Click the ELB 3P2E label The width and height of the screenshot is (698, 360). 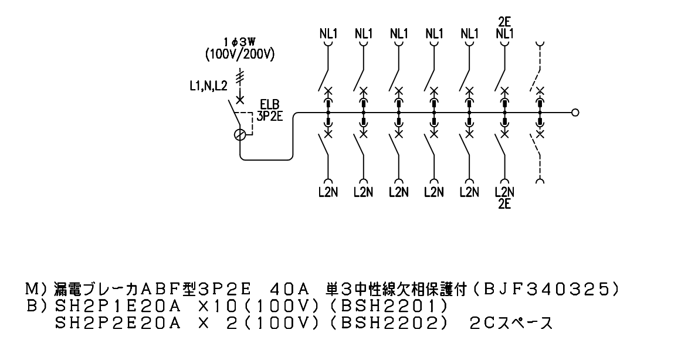click(270, 111)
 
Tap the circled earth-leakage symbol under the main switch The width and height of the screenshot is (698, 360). click(240, 134)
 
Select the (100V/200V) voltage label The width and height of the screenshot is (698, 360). click(240, 55)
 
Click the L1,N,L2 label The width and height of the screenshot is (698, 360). click(208, 87)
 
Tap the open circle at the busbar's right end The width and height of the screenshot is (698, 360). click(575, 113)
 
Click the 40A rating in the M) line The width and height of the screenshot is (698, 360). click(289, 290)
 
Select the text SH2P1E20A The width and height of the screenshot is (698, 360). click(117, 307)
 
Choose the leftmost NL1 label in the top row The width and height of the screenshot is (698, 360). click(328, 33)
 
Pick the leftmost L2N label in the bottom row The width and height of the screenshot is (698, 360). click(328, 193)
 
